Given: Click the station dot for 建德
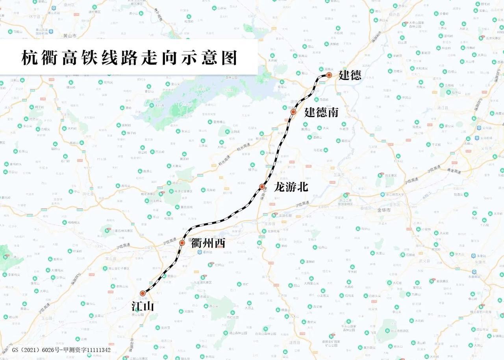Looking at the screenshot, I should click(x=329, y=74).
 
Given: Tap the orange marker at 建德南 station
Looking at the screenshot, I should click(x=293, y=112).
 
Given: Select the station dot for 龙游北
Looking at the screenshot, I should click(x=262, y=186).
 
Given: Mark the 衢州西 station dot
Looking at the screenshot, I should click(x=182, y=243).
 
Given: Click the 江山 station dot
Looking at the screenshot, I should click(x=143, y=293).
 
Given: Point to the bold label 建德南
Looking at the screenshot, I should click(x=321, y=113).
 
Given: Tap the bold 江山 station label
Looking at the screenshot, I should click(x=143, y=306).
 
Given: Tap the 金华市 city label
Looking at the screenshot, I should click(x=384, y=210).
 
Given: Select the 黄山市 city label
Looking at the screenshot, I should click(x=70, y=35).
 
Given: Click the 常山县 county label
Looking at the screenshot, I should click(x=109, y=255).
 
